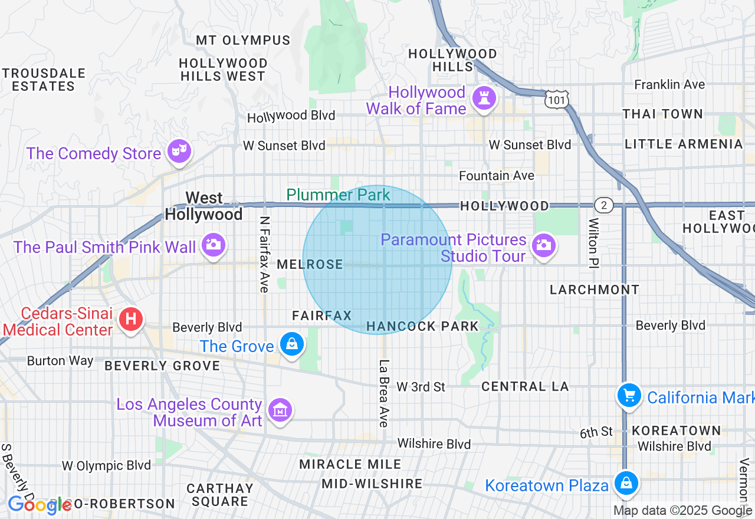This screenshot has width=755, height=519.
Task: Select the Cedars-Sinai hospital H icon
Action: [131, 320]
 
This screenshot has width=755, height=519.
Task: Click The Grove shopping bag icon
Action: [291, 344]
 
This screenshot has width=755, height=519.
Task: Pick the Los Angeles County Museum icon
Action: [280, 410]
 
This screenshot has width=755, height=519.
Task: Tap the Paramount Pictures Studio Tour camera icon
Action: [543, 245]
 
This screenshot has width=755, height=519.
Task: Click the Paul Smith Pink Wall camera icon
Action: [213, 245]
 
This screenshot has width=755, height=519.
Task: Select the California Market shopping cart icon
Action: [629, 395]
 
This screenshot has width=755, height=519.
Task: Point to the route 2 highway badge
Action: [603, 206]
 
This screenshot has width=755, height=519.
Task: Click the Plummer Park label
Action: [338, 195]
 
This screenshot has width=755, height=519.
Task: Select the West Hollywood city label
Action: [204, 206]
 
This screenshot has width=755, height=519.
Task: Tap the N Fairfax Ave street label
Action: [264, 254]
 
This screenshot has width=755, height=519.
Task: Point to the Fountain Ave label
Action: [497, 176]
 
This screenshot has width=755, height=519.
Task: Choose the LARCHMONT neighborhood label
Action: [595, 290]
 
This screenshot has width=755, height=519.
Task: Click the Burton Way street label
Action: [60, 360]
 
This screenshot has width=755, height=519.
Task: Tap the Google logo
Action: [40, 505]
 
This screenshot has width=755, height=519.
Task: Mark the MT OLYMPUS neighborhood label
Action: [243, 41]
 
